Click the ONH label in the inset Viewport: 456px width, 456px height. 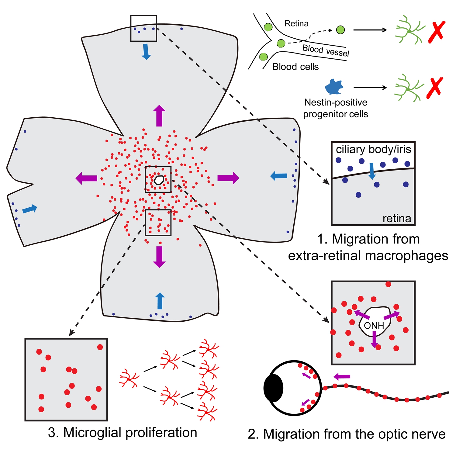[x=374, y=326]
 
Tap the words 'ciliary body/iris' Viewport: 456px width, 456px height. [x=373, y=149]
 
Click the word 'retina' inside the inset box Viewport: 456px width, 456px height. [x=397, y=218]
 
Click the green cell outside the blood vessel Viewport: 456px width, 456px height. [x=340, y=30]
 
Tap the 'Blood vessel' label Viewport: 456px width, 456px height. [x=326, y=50]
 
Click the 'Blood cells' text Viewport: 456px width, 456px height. [x=295, y=67]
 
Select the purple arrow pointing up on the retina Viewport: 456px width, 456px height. [x=159, y=116]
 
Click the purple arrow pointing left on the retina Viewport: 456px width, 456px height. [x=86, y=178]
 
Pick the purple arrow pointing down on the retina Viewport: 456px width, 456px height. [x=159, y=257]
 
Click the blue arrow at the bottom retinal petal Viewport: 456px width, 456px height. [x=160, y=301]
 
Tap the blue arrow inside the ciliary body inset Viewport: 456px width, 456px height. [x=372, y=171]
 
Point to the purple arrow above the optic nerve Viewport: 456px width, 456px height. [x=342, y=377]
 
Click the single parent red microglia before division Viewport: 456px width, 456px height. [x=129, y=378]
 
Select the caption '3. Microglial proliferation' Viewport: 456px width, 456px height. [x=123, y=433]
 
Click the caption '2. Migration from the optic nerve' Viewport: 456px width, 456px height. [x=347, y=434]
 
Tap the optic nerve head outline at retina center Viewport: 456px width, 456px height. [x=158, y=180]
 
